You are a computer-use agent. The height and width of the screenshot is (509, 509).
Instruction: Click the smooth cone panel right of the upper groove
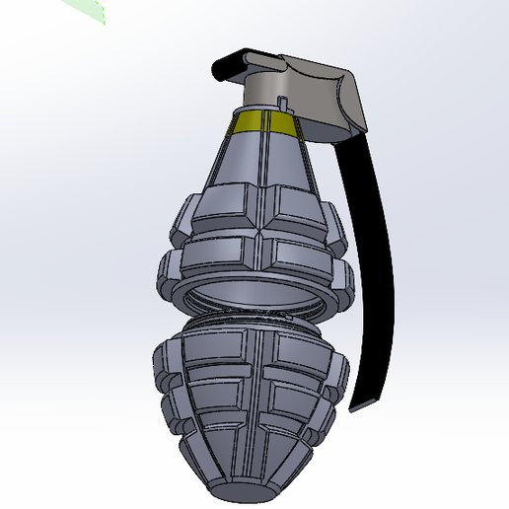tap(294, 163)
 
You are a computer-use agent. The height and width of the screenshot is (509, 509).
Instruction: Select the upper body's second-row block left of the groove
tap(212, 258)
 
